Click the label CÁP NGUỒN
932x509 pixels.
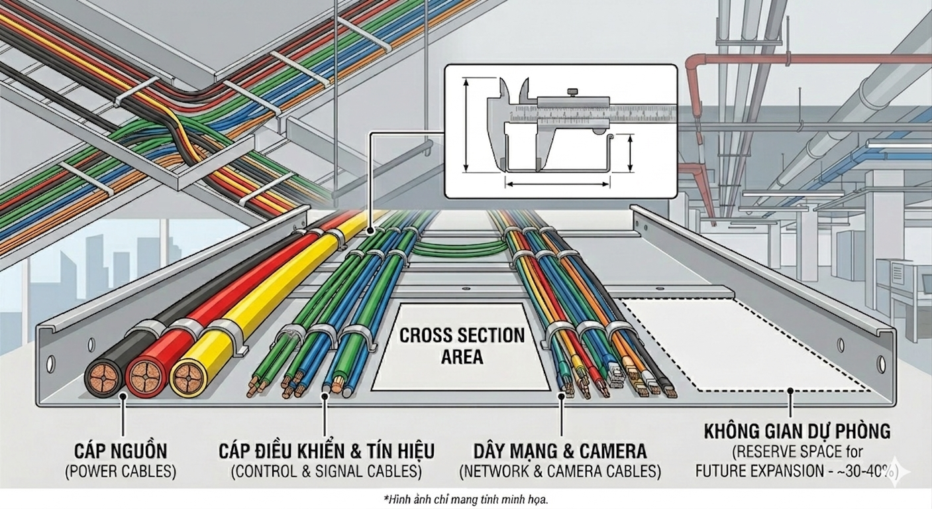point(121,452)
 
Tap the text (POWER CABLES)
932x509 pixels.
point(121,472)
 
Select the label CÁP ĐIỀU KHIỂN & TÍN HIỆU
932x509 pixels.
point(327,452)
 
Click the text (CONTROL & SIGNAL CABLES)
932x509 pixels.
point(327,472)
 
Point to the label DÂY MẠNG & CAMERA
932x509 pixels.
point(560,452)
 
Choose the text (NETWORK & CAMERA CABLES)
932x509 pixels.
point(560,472)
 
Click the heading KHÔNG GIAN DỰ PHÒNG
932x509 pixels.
point(797,432)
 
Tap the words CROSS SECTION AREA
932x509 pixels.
point(462,345)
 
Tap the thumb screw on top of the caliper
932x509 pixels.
point(570,91)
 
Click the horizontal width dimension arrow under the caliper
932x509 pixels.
point(557,185)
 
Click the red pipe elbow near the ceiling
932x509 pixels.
point(692,64)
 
